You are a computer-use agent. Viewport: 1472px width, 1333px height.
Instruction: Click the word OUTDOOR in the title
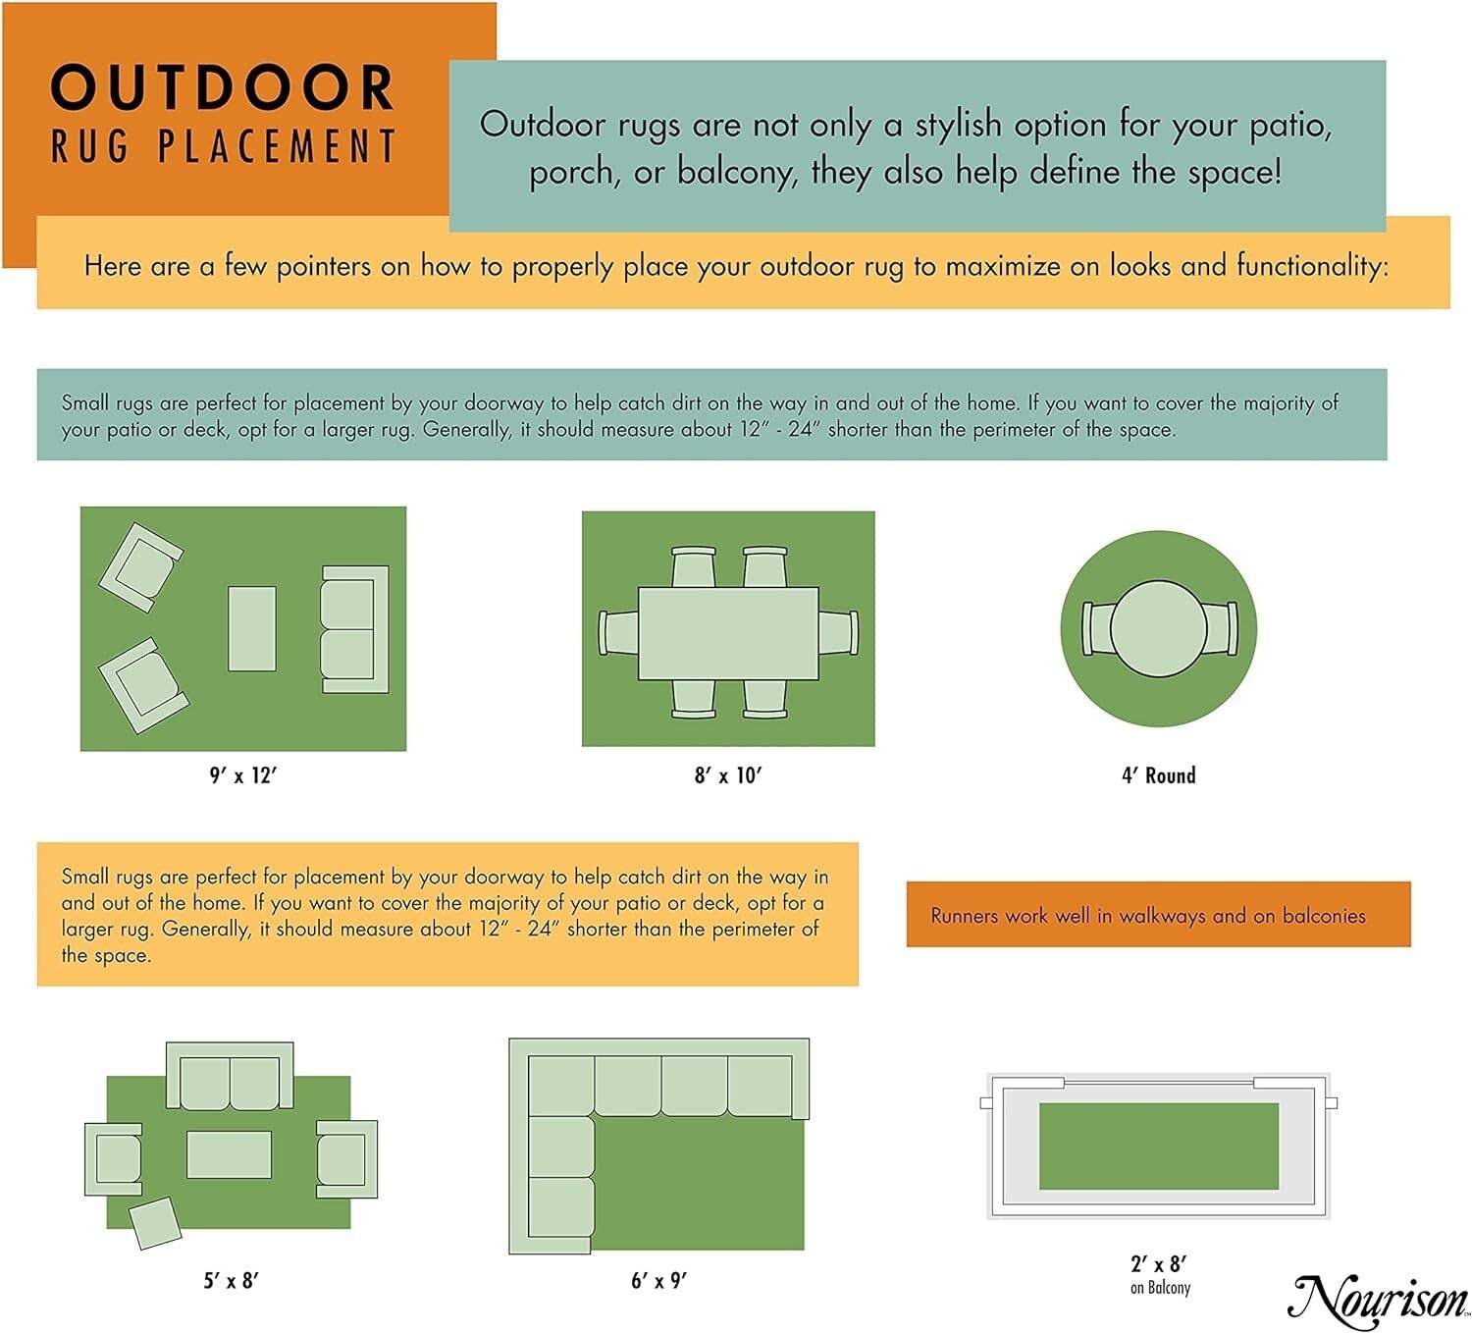(x=223, y=87)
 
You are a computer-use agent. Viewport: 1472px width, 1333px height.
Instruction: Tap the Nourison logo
(x=1378, y=1302)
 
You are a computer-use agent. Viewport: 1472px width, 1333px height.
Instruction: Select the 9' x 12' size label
(x=242, y=775)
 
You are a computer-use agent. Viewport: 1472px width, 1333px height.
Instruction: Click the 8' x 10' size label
(x=728, y=775)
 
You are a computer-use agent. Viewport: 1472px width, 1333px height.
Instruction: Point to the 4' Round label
(x=1158, y=775)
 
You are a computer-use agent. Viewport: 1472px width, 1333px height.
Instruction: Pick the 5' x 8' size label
(x=231, y=1280)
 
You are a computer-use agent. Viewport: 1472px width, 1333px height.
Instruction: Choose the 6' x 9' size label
(x=658, y=1280)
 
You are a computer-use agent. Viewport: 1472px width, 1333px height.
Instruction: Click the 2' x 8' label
(x=1159, y=1264)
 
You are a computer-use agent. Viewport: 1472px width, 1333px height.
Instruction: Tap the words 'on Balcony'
(x=1160, y=1288)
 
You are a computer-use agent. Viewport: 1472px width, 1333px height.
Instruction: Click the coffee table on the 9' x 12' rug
(x=251, y=629)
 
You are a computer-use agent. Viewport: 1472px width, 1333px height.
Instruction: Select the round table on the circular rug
(x=1158, y=629)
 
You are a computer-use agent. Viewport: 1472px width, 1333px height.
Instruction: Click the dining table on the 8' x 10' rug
(x=728, y=633)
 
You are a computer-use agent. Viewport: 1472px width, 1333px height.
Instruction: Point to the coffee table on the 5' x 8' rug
(x=229, y=1154)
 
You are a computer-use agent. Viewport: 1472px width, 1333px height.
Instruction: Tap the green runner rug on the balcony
(x=1158, y=1146)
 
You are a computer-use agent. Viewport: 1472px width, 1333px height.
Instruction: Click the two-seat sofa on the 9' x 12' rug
(x=353, y=629)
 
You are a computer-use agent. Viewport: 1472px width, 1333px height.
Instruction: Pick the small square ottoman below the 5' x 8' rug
(x=155, y=1222)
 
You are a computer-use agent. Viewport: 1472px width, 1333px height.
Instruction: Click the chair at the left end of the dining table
(x=618, y=633)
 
